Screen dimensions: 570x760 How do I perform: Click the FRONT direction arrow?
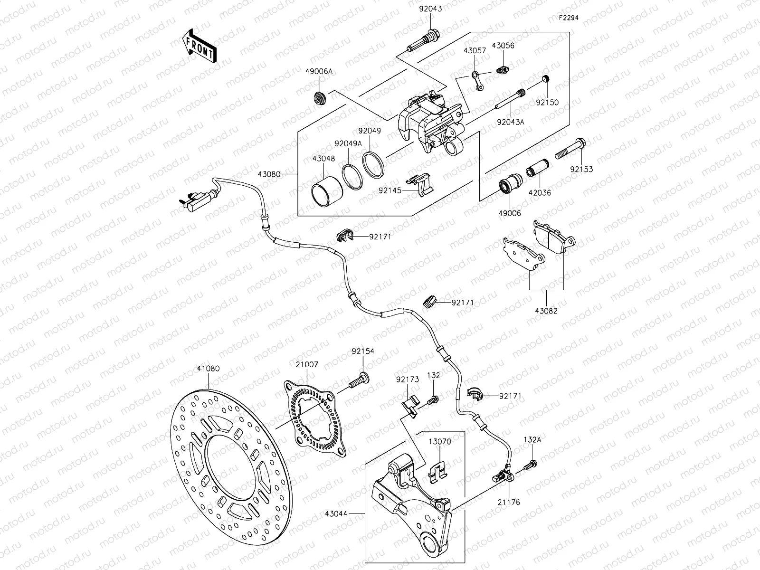pyautogui.click(x=199, y=46)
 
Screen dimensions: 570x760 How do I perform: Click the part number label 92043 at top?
pyautogui.click(x=430, y=8)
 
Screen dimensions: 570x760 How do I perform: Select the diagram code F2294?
pyautogui.click(x=570, y=18)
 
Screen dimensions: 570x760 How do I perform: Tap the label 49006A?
pyautogui.click(x=319, y=71)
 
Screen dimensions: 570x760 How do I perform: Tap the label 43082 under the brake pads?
pyautogui.click(x=546, y=311)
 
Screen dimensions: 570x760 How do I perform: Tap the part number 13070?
pyautogui.click(x=440, y=441)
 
